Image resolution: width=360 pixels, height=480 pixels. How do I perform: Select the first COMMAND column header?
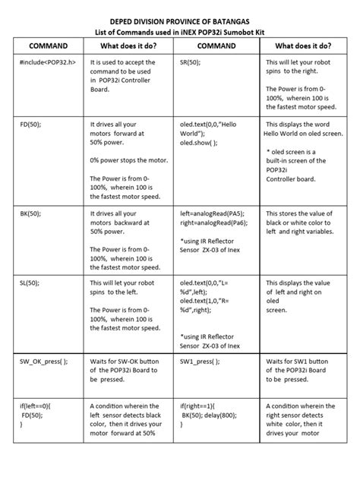[48, 46]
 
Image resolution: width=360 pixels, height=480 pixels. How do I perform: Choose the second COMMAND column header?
[220, 46]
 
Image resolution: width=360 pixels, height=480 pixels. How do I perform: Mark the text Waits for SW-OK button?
[130, 362]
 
